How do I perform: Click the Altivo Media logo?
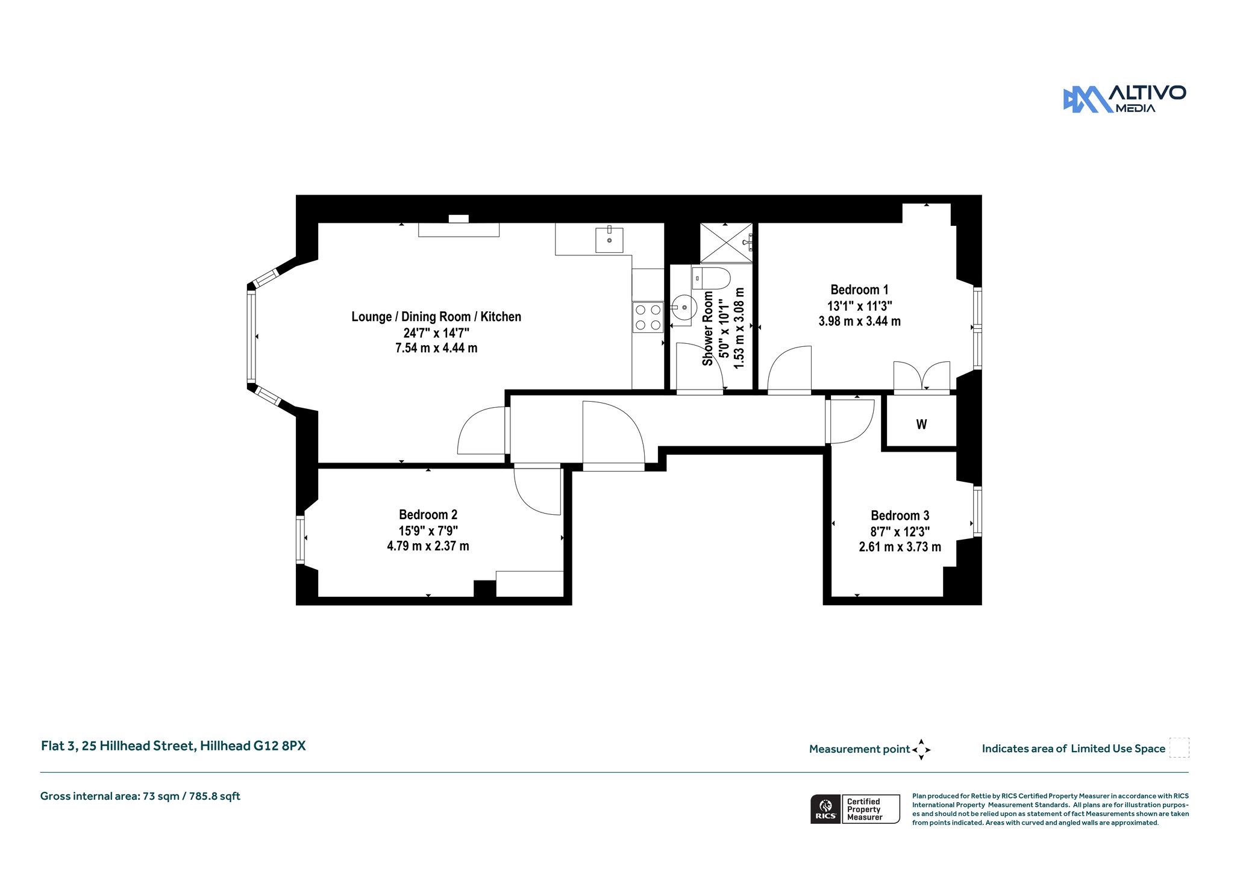coord(1124,99)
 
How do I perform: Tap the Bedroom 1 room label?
coord(859,290)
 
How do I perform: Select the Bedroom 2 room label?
coord(428,515)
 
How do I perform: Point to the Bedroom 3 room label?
coord(900,515)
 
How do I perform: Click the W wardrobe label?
coord(921,425)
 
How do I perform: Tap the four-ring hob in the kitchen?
coord(647,317)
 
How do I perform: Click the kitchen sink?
coord(609,240)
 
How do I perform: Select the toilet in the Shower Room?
coord(711,278)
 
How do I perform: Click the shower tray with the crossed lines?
coord(726,243)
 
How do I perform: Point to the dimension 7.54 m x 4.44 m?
coord(436,348)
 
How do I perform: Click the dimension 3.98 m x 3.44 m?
coord(859,322)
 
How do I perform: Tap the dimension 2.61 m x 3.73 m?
coord(900,547)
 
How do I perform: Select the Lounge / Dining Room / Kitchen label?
coord(436,317)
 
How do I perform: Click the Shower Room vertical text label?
coord(708,328)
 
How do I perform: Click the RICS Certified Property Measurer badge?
coord(855,809)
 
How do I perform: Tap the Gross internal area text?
coord(140,796)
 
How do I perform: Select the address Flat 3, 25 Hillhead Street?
coord(118,746)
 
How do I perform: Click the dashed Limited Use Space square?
coord(1179,747)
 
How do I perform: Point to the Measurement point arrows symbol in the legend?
coord(921,750)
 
